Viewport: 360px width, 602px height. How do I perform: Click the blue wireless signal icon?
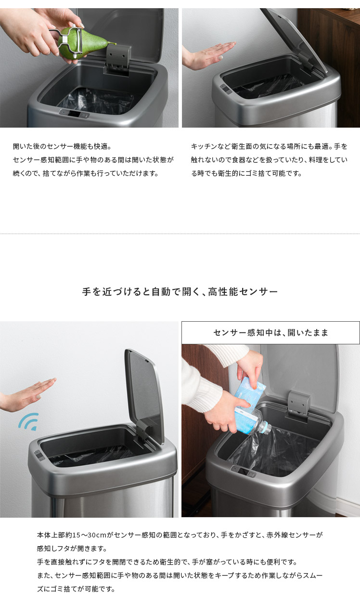pyautogui.click(x=29, y=422)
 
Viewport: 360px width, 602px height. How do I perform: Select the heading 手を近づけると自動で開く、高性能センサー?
pyautogui.click(x=180, y=291)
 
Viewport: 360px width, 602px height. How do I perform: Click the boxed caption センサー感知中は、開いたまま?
pyautogui.click(x=270, y=333)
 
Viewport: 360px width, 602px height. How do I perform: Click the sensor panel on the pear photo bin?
pyautogui.click(x=75, y=114)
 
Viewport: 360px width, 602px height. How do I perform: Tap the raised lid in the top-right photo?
pyautogui.click(x=294, y=40)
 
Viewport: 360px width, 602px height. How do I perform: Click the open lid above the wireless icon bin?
pyautogui.click(x=144, y=395)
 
